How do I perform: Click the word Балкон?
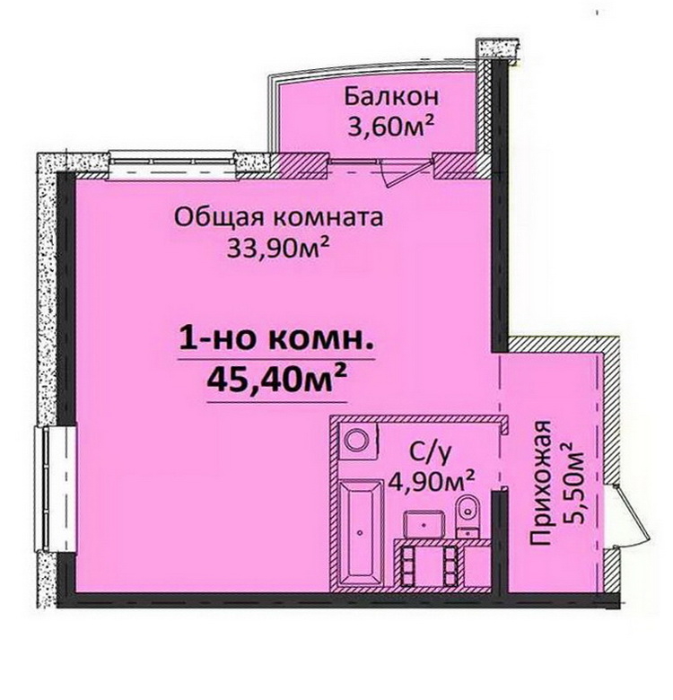391,97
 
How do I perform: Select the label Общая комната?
278,218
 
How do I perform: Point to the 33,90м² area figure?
278,248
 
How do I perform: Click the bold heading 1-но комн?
276,340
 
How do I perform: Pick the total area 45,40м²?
276,379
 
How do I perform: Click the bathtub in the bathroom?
361,531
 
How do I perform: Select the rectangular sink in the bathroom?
424,524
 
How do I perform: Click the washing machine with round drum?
358,440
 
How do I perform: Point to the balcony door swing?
401,172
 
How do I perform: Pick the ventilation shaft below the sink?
430,564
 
